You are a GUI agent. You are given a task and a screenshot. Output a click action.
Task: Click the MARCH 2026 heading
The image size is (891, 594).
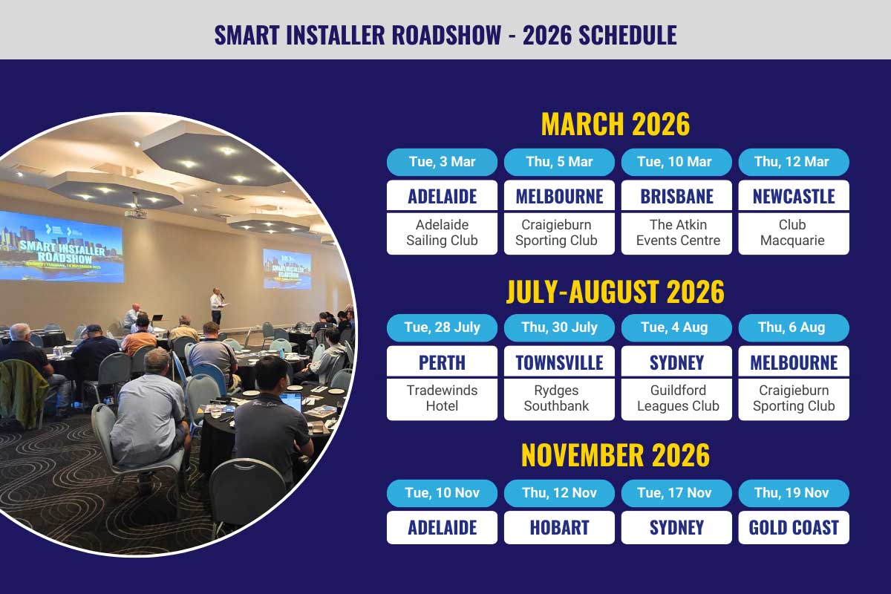click(x=616, y=124)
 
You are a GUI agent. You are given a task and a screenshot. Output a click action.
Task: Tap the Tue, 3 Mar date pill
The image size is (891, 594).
click(x=442, y=162)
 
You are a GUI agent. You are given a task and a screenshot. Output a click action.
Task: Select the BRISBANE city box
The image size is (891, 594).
click(x=676, y=195)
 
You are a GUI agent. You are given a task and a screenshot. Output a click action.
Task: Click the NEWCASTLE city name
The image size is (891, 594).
click(x=794, y=196)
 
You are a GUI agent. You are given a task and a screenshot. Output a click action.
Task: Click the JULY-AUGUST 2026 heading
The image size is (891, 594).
click(x=616, y=292)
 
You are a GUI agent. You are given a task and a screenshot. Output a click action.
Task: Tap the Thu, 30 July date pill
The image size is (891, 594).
click(x=559, y=328)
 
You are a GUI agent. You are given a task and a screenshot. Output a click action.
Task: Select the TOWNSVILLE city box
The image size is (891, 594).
click(x=559, y=362)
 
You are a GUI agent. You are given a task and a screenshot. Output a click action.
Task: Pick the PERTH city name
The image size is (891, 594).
click(x=442, y=362)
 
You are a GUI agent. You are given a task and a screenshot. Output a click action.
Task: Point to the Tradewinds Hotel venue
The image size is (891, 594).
click(x=442, y=399)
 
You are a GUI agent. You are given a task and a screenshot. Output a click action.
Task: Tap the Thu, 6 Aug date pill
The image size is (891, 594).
click(x=794, y=328)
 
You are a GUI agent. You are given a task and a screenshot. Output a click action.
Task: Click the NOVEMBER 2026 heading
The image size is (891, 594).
click(x=616, y=455)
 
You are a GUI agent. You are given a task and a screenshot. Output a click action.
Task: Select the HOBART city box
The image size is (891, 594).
click(x=559, y=528)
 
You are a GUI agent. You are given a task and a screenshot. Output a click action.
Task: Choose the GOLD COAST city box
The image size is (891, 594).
click(x=794, y=528)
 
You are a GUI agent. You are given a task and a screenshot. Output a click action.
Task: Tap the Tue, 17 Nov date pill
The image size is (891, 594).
click(x=676, y=493)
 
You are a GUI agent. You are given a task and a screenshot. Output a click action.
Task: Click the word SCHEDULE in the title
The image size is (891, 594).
click(x=627, y=35)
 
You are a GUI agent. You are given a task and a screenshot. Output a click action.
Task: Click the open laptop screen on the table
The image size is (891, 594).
click(x=290, y=402)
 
